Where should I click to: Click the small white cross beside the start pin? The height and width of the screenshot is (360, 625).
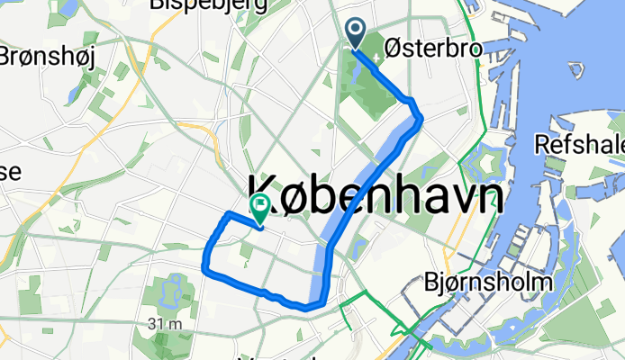click(376, 50)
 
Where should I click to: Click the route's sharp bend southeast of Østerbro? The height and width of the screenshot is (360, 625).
click(419, 114)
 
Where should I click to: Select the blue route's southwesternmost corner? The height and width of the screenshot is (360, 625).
click(204, 265)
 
